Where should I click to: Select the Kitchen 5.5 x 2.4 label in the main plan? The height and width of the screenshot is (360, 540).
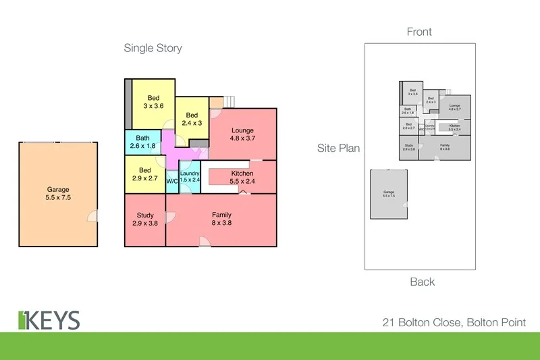click(242, 178)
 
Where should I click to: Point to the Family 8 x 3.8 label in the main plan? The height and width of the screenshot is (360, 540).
click(221, 219)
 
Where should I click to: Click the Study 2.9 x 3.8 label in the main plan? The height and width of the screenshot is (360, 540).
click(145, 219)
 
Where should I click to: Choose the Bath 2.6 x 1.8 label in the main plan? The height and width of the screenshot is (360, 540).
click(142, 142)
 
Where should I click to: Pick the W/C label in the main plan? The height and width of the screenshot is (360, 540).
click(171, 181)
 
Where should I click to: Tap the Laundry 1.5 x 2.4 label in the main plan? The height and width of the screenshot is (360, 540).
click(190, 177)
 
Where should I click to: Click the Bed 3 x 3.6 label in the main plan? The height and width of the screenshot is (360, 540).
click(153, 101)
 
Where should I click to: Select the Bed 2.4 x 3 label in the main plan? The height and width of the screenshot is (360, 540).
click(192, 119)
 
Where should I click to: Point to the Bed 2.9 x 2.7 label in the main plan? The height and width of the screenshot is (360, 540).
click(145, 174)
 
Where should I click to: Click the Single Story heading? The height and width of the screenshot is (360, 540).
click(153, 48)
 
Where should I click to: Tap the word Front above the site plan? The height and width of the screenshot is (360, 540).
click(419, 32)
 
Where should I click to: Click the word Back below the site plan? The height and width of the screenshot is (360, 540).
click(422, 282)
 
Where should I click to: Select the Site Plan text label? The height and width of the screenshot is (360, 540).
click(339, 148)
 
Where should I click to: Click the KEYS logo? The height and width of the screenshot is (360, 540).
click(49, 320)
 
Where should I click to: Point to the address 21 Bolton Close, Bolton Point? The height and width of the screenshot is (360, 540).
click(452, 323)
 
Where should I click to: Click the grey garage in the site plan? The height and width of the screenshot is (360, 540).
click(389, 194)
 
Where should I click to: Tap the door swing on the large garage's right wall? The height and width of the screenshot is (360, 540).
click(94, 215)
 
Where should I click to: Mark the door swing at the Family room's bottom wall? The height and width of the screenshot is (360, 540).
click(203, 241)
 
